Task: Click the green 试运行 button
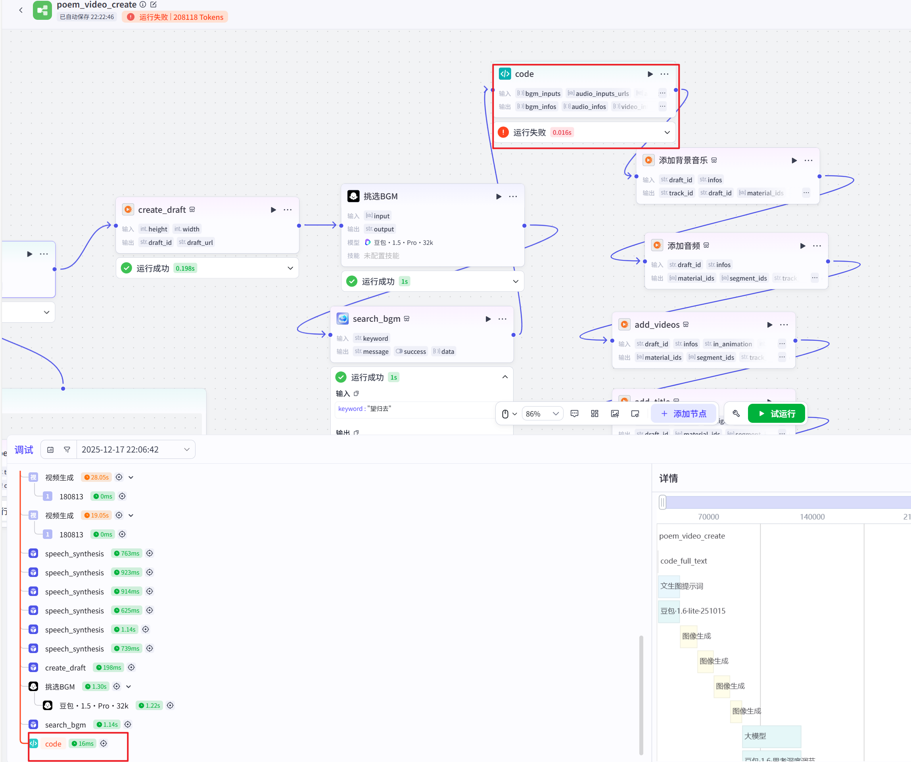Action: tap(776, 414)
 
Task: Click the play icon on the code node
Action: tap(650, 74)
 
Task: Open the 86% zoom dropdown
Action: tap(542, 414)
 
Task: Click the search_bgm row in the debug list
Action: tap(65, 725)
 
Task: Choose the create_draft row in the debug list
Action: tap(65, 668)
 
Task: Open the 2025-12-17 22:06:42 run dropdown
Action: tap(135, 449)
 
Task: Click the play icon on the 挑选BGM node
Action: tap(499, 197)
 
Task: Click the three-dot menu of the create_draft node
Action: tap(288, 210)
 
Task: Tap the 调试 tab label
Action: tap(24, 449)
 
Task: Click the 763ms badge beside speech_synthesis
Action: tap(127, 554)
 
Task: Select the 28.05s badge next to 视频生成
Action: tap(96, 477)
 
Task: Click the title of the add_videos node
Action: tap(657, 325)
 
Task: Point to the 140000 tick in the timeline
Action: tap(812, 517)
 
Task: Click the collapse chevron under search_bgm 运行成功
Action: tap(505, 377)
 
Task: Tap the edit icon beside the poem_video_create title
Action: tap(153, 4)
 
